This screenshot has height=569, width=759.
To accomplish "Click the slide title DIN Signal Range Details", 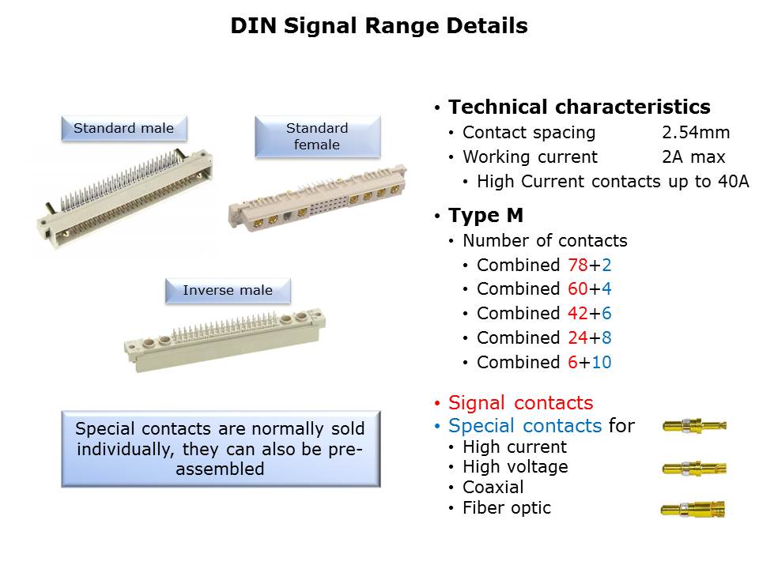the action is coord(379,25).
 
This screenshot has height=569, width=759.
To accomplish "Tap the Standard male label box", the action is coord(124,128).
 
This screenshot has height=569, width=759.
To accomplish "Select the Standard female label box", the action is coord(318,137).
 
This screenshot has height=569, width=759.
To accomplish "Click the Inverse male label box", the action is coord(228,290).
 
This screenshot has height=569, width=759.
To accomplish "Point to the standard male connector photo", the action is coord(125,198).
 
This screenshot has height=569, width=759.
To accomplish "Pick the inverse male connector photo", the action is coord(225,340).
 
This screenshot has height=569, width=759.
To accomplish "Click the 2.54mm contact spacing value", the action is coord(696,133).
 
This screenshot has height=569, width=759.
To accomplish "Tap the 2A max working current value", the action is coord(693,157).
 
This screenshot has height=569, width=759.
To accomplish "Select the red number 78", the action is coord(577,266).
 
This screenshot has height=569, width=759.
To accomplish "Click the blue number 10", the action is coord(601,363).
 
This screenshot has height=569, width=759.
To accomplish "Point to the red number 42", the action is coord(577,314).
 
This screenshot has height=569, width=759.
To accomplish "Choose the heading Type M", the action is coord(485,215).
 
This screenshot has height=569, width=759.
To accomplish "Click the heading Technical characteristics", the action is coord(579,107).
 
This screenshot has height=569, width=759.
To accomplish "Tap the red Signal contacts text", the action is coord(520,402).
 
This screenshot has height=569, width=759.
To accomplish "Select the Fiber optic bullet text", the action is coord(506,508).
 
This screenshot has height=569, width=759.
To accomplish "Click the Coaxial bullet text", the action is coord(493,488).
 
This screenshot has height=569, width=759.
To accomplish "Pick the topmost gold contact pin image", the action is coord(694,426).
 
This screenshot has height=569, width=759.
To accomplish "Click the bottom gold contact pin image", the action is coord(693,510).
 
